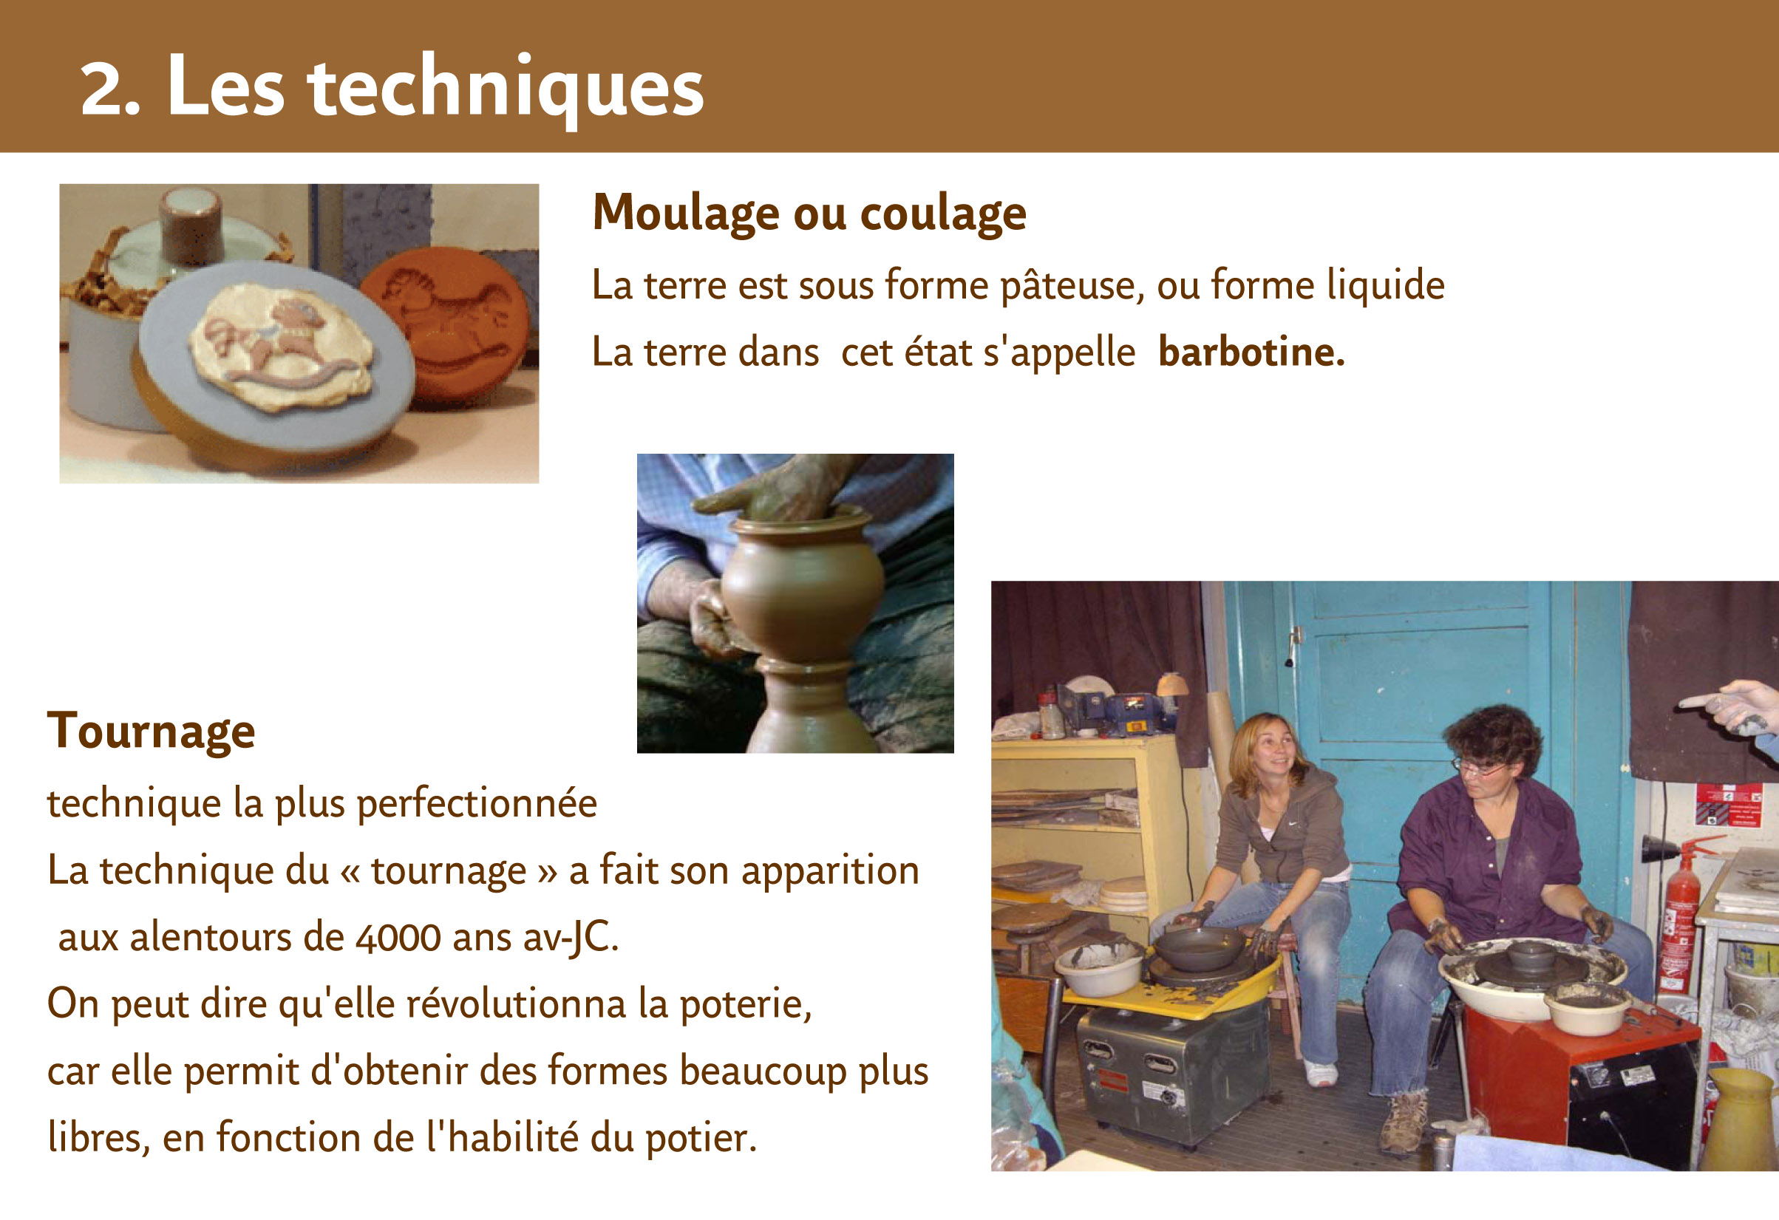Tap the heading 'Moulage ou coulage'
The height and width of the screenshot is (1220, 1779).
pos(809,213)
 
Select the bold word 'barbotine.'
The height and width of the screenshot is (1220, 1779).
pos(1251,352)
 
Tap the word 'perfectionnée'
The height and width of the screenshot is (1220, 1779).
pos(477,805)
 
